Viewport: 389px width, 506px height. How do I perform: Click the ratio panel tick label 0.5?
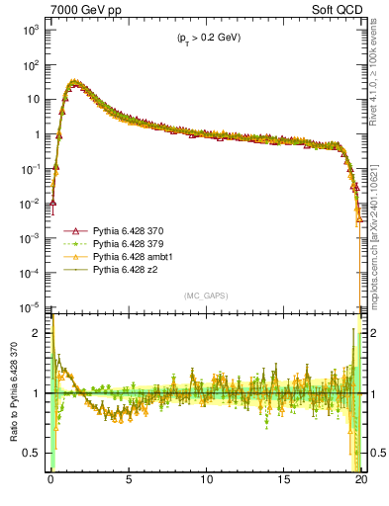pyautogui.click(x=36, y=453)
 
